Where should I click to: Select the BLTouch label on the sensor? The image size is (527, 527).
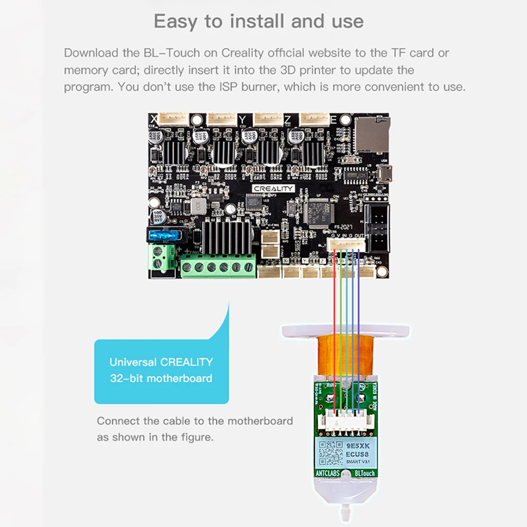click(x=364, y=473)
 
